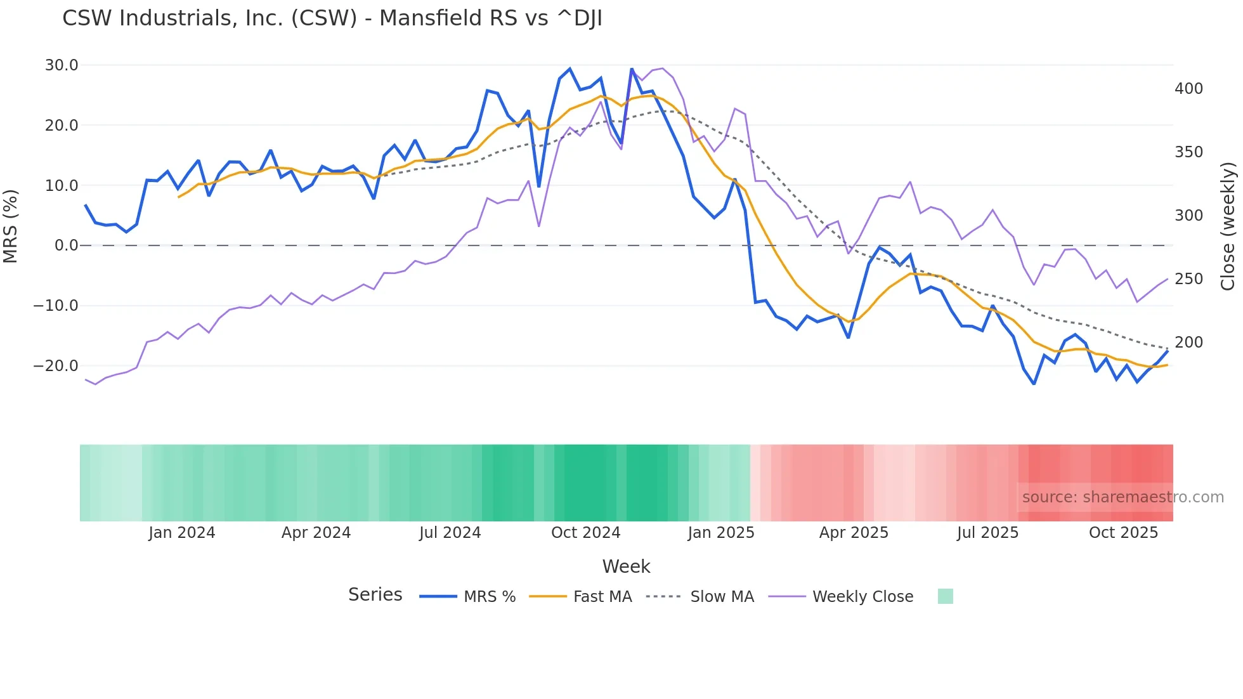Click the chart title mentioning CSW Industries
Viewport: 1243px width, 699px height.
coord(332,18)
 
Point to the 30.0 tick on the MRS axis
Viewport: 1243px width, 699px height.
coord(62,65)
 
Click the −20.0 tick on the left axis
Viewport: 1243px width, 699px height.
coord(56,366)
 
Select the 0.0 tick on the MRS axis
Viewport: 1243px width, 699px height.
coord(66,245)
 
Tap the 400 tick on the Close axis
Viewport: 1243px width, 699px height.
coord(1188,89)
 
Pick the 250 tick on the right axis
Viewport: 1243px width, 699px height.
coord(1188,279)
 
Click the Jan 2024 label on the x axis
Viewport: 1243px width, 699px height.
coord(181,533)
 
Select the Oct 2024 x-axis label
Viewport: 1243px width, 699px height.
coord(585,533)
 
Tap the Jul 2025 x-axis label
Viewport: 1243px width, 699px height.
coord(987,533)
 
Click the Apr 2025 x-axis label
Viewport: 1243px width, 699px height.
coord(854,533)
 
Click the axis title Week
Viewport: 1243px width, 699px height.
coord(626,566)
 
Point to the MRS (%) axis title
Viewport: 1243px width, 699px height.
coord(11,226)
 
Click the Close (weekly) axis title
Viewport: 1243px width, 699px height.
coord(1228,226)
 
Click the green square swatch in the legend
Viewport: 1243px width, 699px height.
coord(945,597)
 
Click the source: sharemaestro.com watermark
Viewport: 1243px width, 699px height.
coord(1123,497)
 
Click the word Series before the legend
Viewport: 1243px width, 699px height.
coord(375,595)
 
